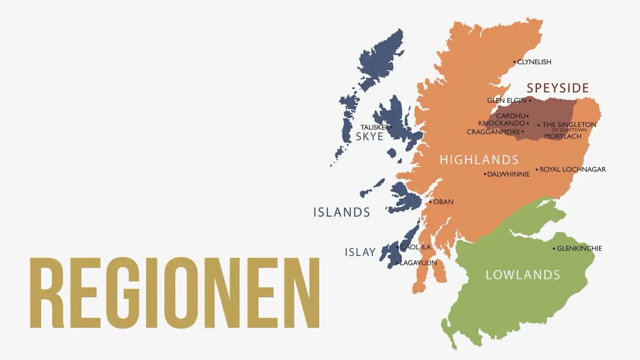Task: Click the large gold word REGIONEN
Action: coord(174,293)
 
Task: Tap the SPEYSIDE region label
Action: coord(558,88)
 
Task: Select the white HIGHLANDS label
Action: coord(479,160)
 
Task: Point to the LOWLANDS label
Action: coord(523,275)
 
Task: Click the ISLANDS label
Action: coord(341,212)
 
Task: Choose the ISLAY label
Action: coord(360,252)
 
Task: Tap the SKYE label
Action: coord(369,137)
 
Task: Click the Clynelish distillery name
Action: coord(534,62)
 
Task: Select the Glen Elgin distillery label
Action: coord(506,100)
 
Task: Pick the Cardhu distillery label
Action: coord(510,116)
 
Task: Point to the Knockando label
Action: coord(501,123)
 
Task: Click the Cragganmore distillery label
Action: coord(493,132)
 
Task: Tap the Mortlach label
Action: coord(562,136)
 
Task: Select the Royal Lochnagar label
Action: coord(572,169)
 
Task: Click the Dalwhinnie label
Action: coord(508,174)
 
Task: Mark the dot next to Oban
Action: coord(430,202)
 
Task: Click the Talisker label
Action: coord(374,127)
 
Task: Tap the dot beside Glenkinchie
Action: coord(554,248)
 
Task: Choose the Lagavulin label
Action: coord(418,263)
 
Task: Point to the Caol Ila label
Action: coord(415,247)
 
